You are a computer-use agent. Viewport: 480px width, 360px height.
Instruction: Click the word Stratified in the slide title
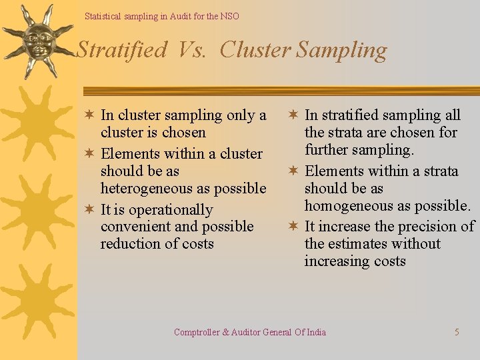pyautogui.click(x=122, y=50)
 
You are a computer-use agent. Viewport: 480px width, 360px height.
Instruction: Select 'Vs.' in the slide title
pyautogui.click(x=195, y=50)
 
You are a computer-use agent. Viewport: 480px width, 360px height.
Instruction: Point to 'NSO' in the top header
pyautogui.click(x=229, y=16)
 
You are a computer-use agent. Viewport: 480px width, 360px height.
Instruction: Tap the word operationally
pyautogui.click(x=170, y=210)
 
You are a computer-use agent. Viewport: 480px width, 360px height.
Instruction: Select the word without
pyautogui.click(x=417, y=244)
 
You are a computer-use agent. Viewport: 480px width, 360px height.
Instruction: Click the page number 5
pyautogui.click(x=457, y=332)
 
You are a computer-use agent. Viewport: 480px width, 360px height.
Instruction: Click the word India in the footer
pyautogui.click(x=316, y=332)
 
